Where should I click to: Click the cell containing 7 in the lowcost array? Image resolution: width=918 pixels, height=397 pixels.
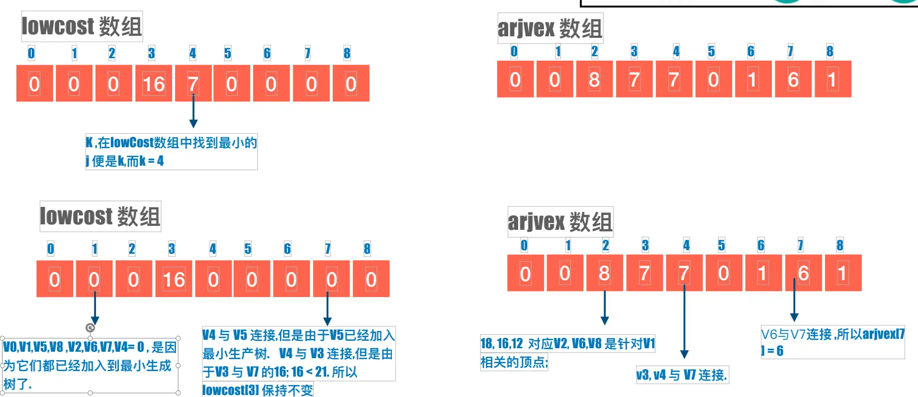(x=193, y=84)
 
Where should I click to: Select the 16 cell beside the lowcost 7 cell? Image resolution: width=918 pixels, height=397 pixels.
(x=154, y=84)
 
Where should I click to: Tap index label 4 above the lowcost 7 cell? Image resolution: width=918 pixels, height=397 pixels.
(x=192, y=53)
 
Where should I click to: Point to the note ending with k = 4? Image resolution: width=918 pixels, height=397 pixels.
(x=171, y=152)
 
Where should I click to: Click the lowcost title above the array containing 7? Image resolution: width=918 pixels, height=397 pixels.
(x=82, y=26)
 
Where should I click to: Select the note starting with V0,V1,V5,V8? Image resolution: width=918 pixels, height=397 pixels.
(x=90, y=365)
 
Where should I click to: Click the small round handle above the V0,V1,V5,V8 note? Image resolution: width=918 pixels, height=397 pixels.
(x=90, y=327)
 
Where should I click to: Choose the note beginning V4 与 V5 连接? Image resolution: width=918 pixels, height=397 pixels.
(x=298, y=354)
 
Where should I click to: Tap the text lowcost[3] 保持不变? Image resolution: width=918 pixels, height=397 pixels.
(x=258, y=390)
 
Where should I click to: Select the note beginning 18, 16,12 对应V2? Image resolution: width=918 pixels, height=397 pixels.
(x=567, y=352)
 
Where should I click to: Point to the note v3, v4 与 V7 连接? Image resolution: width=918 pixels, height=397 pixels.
(x=682, y=375)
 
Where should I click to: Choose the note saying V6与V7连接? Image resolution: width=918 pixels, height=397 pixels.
(x=832, y=342)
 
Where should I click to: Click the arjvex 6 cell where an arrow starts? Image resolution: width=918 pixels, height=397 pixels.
(x=803, y=273)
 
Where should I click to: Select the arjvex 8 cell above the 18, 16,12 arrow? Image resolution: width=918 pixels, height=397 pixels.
(x=604, y=273)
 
